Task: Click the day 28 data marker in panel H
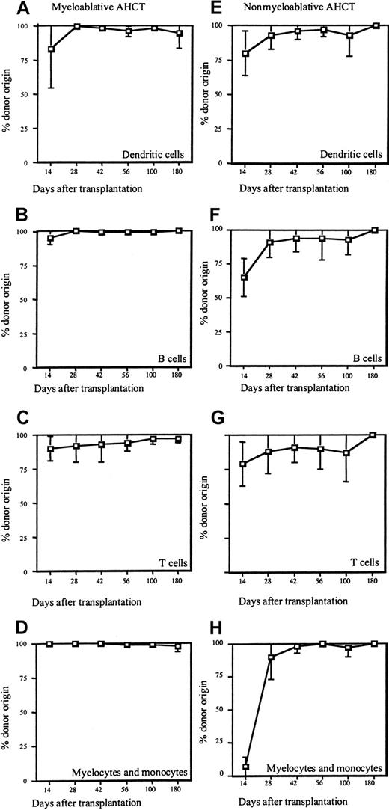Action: (271, 657)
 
